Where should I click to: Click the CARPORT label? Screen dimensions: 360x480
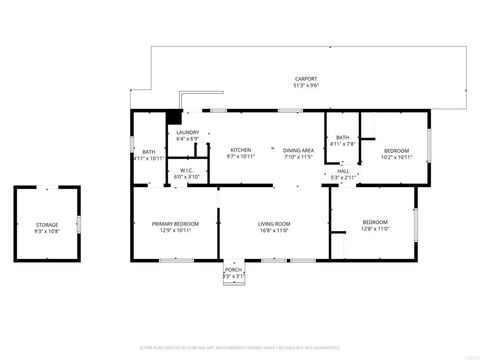(306, 78)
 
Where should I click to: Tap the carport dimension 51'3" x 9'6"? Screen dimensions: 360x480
(306, 85)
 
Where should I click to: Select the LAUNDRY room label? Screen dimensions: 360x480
(187, 132)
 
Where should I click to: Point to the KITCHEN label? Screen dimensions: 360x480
(240, 149)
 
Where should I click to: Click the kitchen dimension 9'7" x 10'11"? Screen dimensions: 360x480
(240, 156)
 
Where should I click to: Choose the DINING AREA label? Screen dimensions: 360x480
(298, 149)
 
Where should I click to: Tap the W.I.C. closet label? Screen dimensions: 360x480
(187, 171)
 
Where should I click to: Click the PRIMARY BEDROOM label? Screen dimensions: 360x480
(175, 223)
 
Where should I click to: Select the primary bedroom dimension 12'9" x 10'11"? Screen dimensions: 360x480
(175, 230)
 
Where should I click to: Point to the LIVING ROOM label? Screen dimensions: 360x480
(274, 223)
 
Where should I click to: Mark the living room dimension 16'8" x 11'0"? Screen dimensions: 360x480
(274, 230)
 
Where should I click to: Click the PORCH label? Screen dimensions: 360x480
(232, 270)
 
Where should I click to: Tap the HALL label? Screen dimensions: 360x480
(343, 171)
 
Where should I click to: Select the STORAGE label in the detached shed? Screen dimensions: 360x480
(47, 224)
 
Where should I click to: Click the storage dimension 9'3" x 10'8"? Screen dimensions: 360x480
(47, 231)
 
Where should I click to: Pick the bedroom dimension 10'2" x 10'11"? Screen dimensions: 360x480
(396, 156)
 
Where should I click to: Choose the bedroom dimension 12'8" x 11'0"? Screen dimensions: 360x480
(375, 228)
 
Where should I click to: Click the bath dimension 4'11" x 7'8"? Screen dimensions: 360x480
(343, 144)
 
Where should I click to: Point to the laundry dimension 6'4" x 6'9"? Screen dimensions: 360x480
(187, 139)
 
